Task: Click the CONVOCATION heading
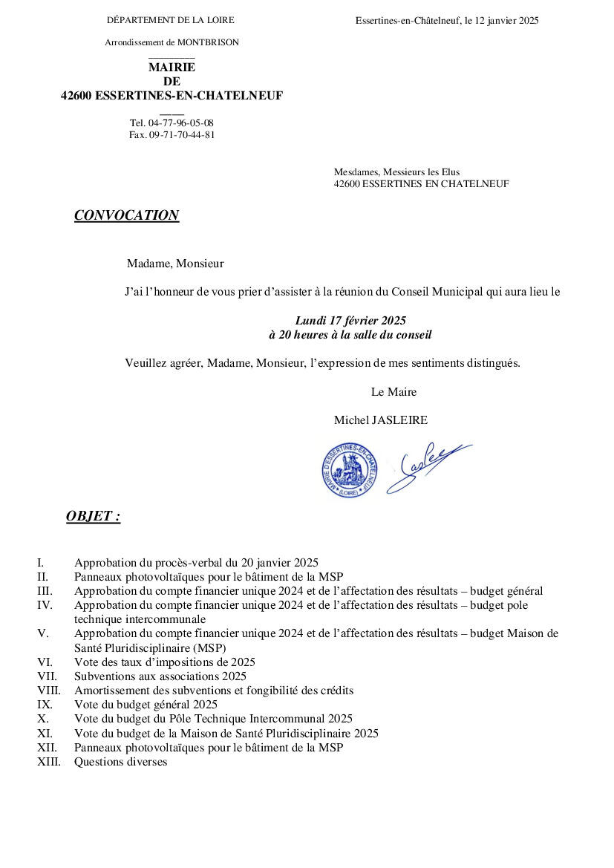[126, 215]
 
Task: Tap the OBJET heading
[93, 516]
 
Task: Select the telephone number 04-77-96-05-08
[181, 123]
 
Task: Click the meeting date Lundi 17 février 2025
[350, 321]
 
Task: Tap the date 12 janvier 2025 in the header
[506, 21]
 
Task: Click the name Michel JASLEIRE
[380, 420]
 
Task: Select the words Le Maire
[393, 392]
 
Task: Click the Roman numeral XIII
[50, 762]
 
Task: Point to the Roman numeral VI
[45, 662]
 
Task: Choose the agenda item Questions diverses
[120, 762]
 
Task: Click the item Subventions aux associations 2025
[160, 676]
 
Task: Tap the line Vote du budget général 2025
[146, 705]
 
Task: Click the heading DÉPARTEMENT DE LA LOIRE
[171, 20]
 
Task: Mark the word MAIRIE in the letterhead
[172, 68]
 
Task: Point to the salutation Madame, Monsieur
[175, 263]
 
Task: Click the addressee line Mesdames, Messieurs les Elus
[396, 172]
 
